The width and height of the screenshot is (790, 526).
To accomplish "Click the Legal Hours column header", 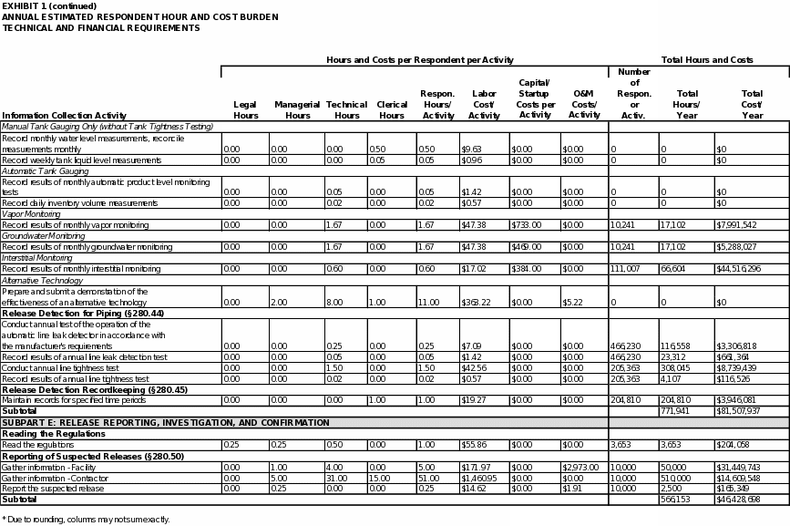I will (x=246, y=110).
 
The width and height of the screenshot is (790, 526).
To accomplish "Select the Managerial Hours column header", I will (x=297, y=110).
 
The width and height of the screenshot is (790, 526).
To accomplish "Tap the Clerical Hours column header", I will (x=392, y=110).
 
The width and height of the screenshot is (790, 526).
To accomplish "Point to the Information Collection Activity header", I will (x=65, y=116).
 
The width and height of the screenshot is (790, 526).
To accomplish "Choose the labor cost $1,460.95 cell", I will (x=479, y=478).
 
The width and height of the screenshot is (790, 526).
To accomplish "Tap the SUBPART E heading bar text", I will (x=166, y=423).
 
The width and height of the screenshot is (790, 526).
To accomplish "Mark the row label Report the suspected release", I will (x=53, y=489).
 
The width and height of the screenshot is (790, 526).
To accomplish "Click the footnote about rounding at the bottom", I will (x=86, y=519).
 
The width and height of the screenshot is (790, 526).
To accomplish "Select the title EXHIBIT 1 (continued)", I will (x=49, y=5).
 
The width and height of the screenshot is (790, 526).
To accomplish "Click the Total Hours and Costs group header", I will (x=707, y=60).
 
